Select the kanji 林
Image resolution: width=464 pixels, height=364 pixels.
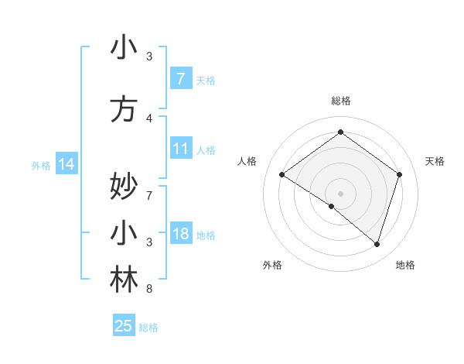pos(124,280)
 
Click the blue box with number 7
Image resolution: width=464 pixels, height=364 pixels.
pos(180,78)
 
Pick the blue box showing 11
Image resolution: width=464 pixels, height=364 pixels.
pos(180,149)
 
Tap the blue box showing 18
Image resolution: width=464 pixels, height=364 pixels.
pos(180,235)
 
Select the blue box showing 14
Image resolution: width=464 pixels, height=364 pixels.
pos(66,164)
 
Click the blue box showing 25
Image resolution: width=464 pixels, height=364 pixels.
pos(124,326)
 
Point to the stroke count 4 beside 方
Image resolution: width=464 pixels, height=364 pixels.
pos(149,118)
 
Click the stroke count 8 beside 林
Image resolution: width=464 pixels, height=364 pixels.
pos(149,290)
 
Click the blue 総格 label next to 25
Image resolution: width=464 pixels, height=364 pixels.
pos(148,328)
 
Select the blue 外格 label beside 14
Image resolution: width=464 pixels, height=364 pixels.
pos(41,165)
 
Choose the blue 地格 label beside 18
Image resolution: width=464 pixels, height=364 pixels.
pos(206,235)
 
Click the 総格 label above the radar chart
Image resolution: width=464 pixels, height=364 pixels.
pos(340,101)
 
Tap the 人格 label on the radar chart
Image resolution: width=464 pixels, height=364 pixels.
pos(247,161)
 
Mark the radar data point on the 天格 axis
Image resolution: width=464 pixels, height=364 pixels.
pos(399,174)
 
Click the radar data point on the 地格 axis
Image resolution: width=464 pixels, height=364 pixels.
pos(377,244)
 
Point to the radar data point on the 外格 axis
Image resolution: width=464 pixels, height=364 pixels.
pos(332,206)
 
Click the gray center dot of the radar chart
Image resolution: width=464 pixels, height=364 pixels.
pos(340,193)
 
